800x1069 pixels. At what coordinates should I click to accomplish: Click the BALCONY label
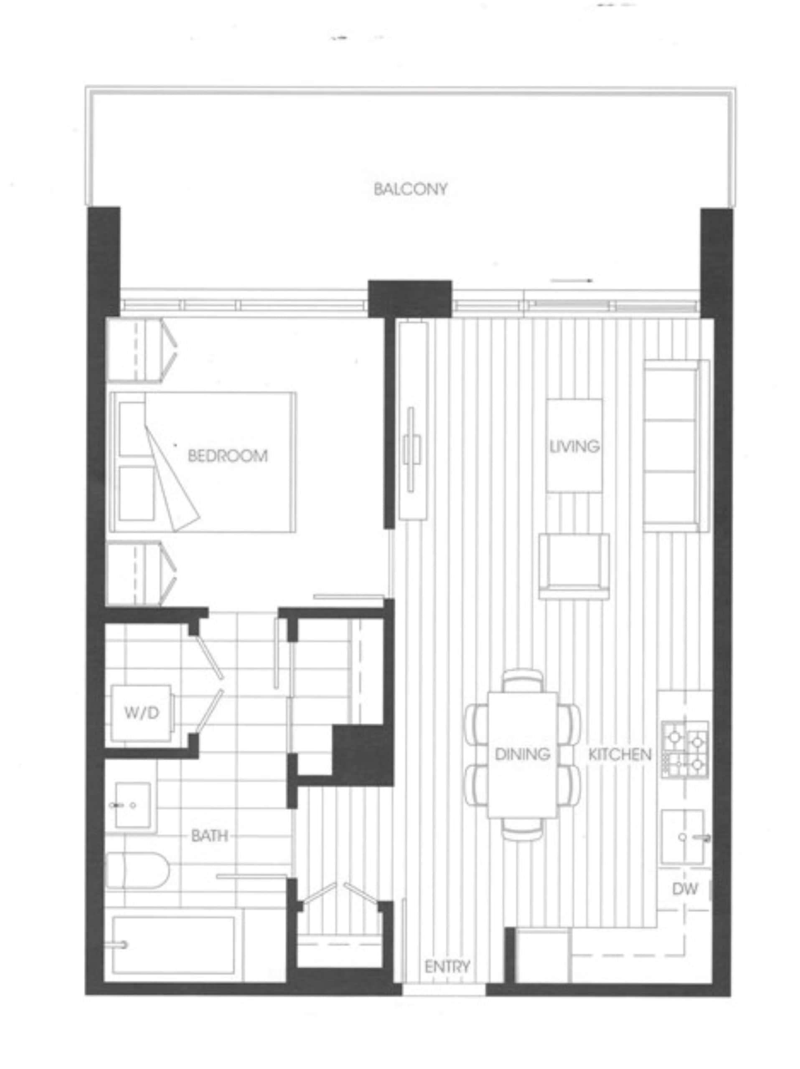(410, 189)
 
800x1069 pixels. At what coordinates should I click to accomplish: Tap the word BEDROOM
(227, 455)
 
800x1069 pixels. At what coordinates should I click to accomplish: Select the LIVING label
(574, 446)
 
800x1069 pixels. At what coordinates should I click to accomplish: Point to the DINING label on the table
(522, 753)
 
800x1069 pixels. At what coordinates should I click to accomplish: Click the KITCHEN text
(620, 754)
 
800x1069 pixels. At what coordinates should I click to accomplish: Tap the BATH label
(209, 835)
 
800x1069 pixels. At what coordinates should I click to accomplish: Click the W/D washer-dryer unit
(141, 712)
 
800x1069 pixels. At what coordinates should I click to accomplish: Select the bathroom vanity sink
(132, 805)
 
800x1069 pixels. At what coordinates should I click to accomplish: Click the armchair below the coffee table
(574, 566)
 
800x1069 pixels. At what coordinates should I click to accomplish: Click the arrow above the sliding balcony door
(571, 280)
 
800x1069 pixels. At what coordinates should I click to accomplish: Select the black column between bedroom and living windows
(410, 298)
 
